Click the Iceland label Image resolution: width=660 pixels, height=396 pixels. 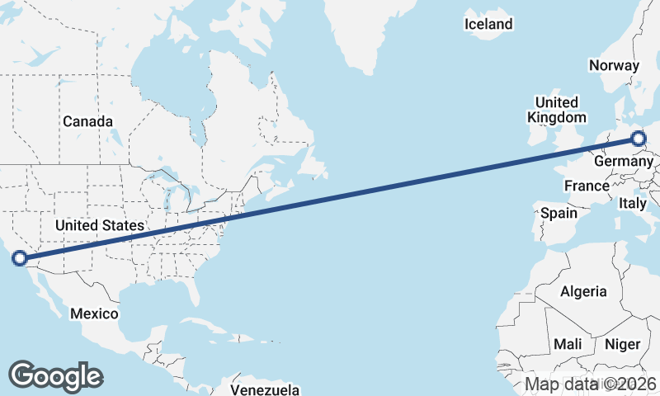[x=488, y=25]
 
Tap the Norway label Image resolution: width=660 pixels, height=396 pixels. [x=614, y=66]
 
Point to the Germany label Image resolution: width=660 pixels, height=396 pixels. [x=622, y=162]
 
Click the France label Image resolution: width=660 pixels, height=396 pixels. [x=587, y=186]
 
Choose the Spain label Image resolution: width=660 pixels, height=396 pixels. [x=559, y=213]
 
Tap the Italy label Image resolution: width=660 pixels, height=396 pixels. [x=633, y=203]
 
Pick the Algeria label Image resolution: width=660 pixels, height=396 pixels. [x=583, y=291]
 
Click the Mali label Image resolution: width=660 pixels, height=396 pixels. [x=568, y=344]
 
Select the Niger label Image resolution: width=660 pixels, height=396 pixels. [x=623, y=344]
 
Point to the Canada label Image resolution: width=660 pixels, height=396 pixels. [x=87, y=122]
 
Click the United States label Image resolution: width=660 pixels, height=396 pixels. [x=100, y=225]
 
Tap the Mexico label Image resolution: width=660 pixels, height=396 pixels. [x=94, y=314]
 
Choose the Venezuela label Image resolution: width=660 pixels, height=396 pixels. [x=264, y=389]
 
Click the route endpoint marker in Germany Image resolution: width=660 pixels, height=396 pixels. [x=639, y=139]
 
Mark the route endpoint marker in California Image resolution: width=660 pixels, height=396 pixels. [x=20, y=258]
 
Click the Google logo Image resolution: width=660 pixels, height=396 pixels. [x=55, y=375]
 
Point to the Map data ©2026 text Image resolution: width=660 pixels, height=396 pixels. [x=590, y=384]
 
